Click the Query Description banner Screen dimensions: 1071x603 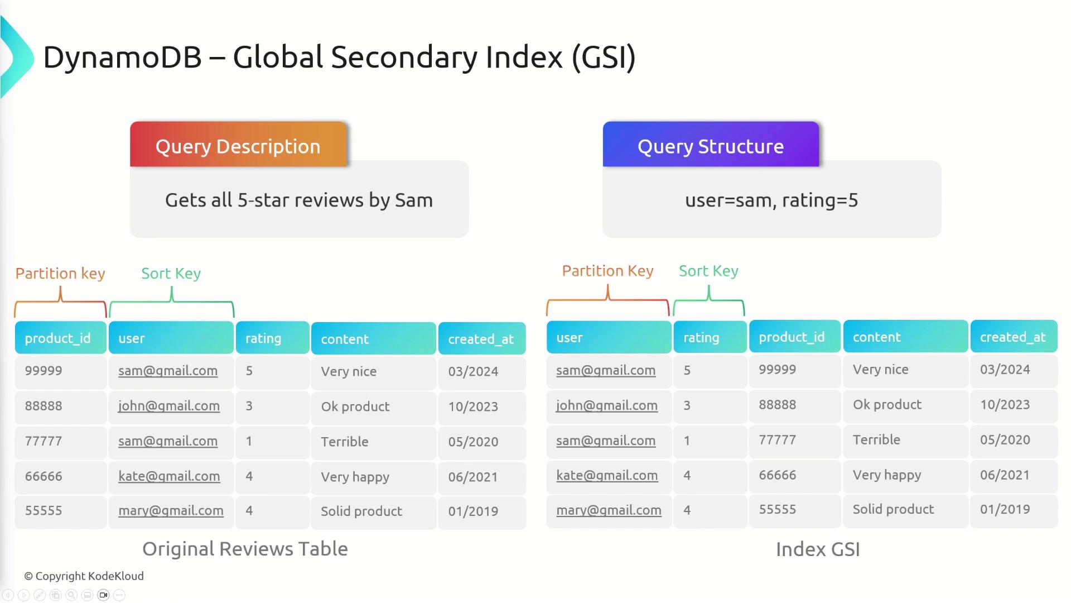(x=238, y=144)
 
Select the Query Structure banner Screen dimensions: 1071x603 (x=711, y=144)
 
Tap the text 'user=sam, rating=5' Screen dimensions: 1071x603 (x=771, y=200)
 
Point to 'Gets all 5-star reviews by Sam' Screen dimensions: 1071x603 (x=299, y=200)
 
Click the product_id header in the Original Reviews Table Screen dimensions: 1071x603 (x=61, y=338)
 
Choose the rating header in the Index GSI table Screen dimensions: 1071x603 (x=710, y=337)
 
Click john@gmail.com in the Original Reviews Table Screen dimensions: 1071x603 (x=169, y=406)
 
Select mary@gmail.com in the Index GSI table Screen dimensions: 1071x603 (x=609, y=510)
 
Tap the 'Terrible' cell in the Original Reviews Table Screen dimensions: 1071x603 (x=345, y=442)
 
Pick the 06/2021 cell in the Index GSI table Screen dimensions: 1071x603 (x=1005, y=475)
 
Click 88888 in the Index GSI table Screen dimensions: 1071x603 (x=778, y=405)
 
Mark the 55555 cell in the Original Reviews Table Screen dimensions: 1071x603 (x=44, y=511)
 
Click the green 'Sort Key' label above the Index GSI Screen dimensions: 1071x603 (x=708, y=271)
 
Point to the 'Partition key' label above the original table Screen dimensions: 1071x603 (x=60, y=274)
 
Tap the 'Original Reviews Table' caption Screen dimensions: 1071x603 (x=245, y=549)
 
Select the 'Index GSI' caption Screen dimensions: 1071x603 (x=818, y=549)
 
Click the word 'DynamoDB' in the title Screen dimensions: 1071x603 (x=122, y=57)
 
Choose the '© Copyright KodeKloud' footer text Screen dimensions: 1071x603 (x=84, y=576)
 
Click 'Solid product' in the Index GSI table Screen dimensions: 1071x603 (x=893, y=509)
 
